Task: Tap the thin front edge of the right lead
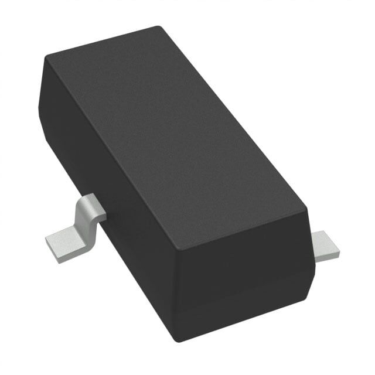328,256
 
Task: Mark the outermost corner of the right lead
339,252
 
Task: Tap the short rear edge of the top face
103,42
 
